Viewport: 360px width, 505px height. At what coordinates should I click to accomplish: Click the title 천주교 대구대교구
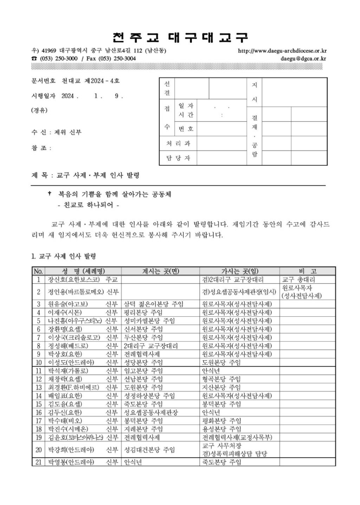(180, 37)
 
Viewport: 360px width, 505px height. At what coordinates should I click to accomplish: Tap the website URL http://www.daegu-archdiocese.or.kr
(282, 51)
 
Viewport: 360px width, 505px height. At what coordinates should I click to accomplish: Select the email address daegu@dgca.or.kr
(303, 58)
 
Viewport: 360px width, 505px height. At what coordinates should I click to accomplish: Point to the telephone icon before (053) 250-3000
(34, 58)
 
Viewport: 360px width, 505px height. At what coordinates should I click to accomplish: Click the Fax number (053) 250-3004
(116, 58)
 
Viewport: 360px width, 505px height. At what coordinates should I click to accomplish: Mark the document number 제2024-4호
(102, 81)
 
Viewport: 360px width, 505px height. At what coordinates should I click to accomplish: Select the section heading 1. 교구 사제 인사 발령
(64, 257)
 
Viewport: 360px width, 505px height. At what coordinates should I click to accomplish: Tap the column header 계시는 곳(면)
(160, 271)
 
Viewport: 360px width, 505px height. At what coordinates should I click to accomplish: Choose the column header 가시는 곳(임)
(239, 271)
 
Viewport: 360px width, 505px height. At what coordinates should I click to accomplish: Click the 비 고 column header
(307, 271)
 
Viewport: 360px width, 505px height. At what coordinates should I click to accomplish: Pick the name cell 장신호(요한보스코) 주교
(83, 280)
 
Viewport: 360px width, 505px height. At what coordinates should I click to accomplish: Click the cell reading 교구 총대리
(298, 280)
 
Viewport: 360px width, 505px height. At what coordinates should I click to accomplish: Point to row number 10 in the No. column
(38, 362)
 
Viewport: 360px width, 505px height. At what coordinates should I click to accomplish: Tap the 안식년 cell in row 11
(211, 371)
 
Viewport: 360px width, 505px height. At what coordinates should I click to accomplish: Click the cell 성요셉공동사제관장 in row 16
(151, 412)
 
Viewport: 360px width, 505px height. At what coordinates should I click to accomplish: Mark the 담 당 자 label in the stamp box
(178, 158)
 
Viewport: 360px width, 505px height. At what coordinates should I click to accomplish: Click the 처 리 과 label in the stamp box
(178, 143)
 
